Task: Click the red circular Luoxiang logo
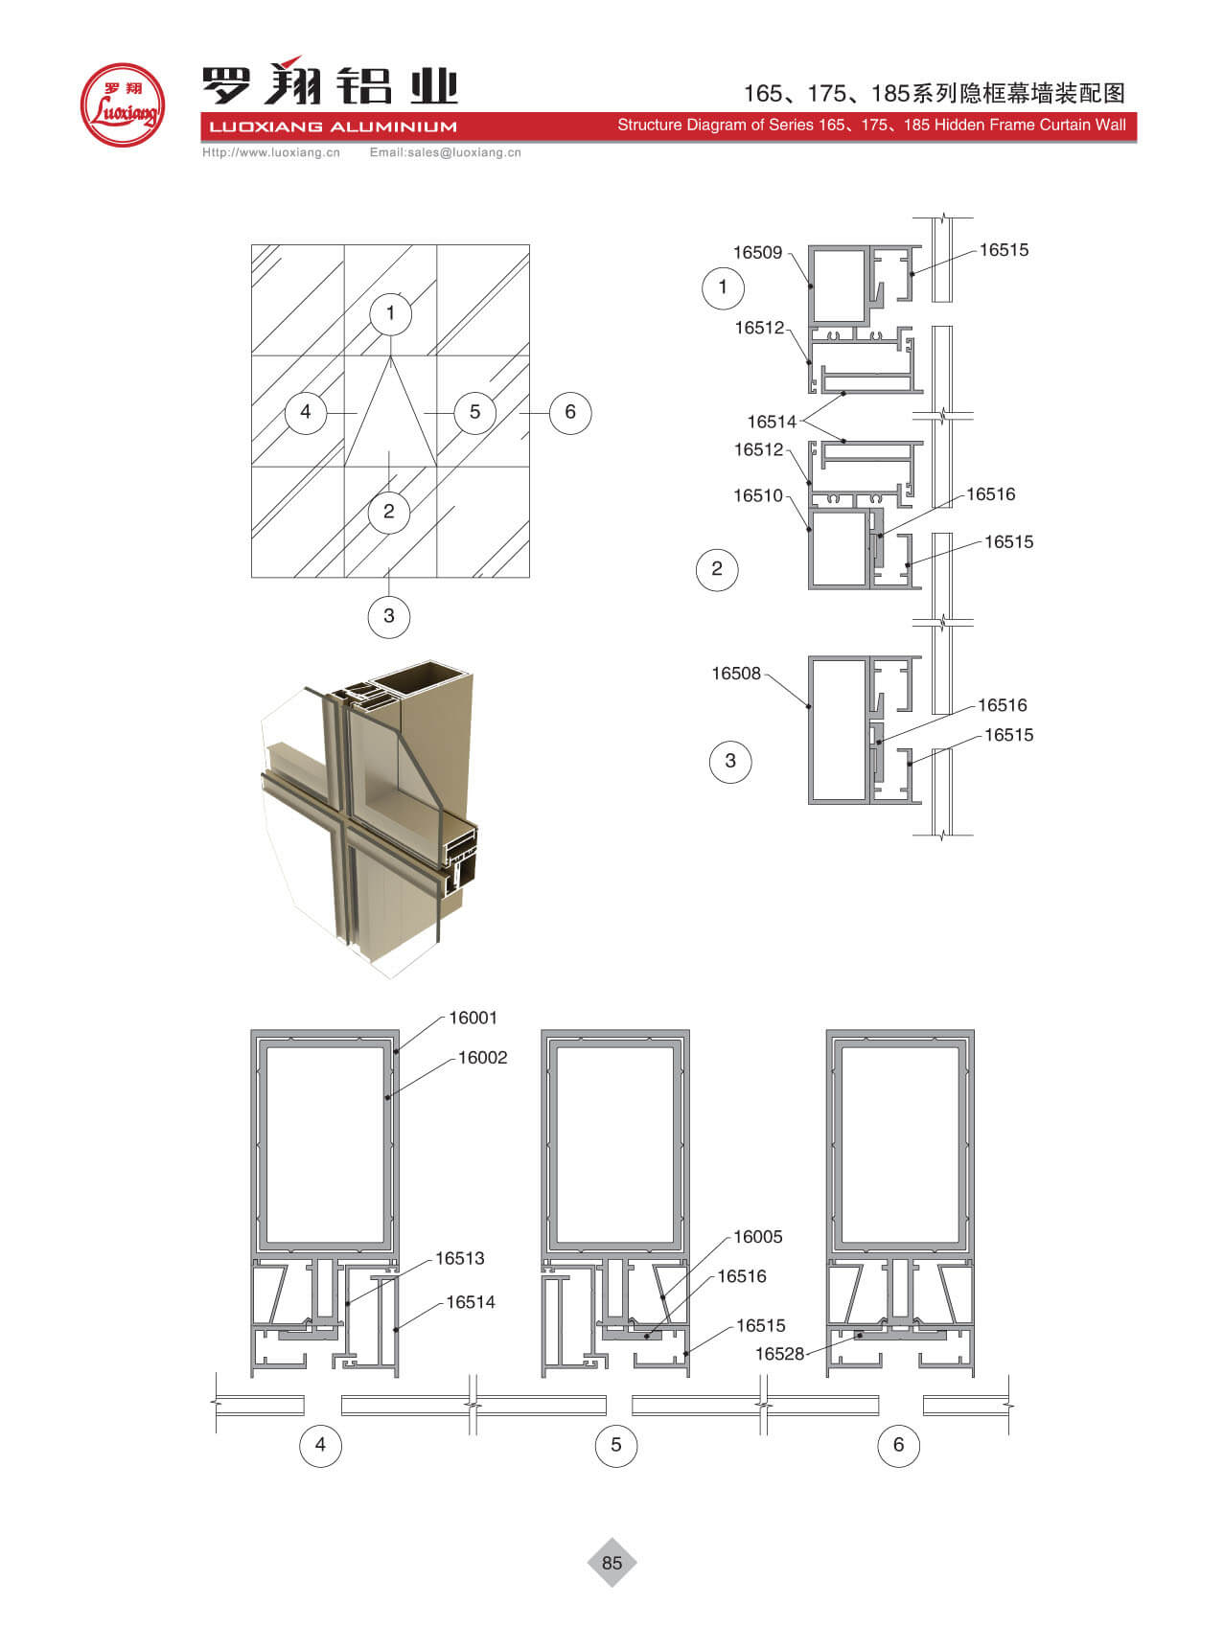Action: [x=122, y=104]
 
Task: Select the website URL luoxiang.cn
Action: [x=271, y=152]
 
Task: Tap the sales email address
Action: [x=446, y=152]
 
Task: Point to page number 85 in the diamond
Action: [x=612, y=1563]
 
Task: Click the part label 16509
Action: [x=757, y=253]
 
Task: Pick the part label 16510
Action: [x=758, y=495]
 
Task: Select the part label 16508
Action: [x=736, y=674]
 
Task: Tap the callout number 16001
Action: [x=473, y=1018]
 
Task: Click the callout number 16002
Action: [x=483, y=1058]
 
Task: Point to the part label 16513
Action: [x=460, y=1258]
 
